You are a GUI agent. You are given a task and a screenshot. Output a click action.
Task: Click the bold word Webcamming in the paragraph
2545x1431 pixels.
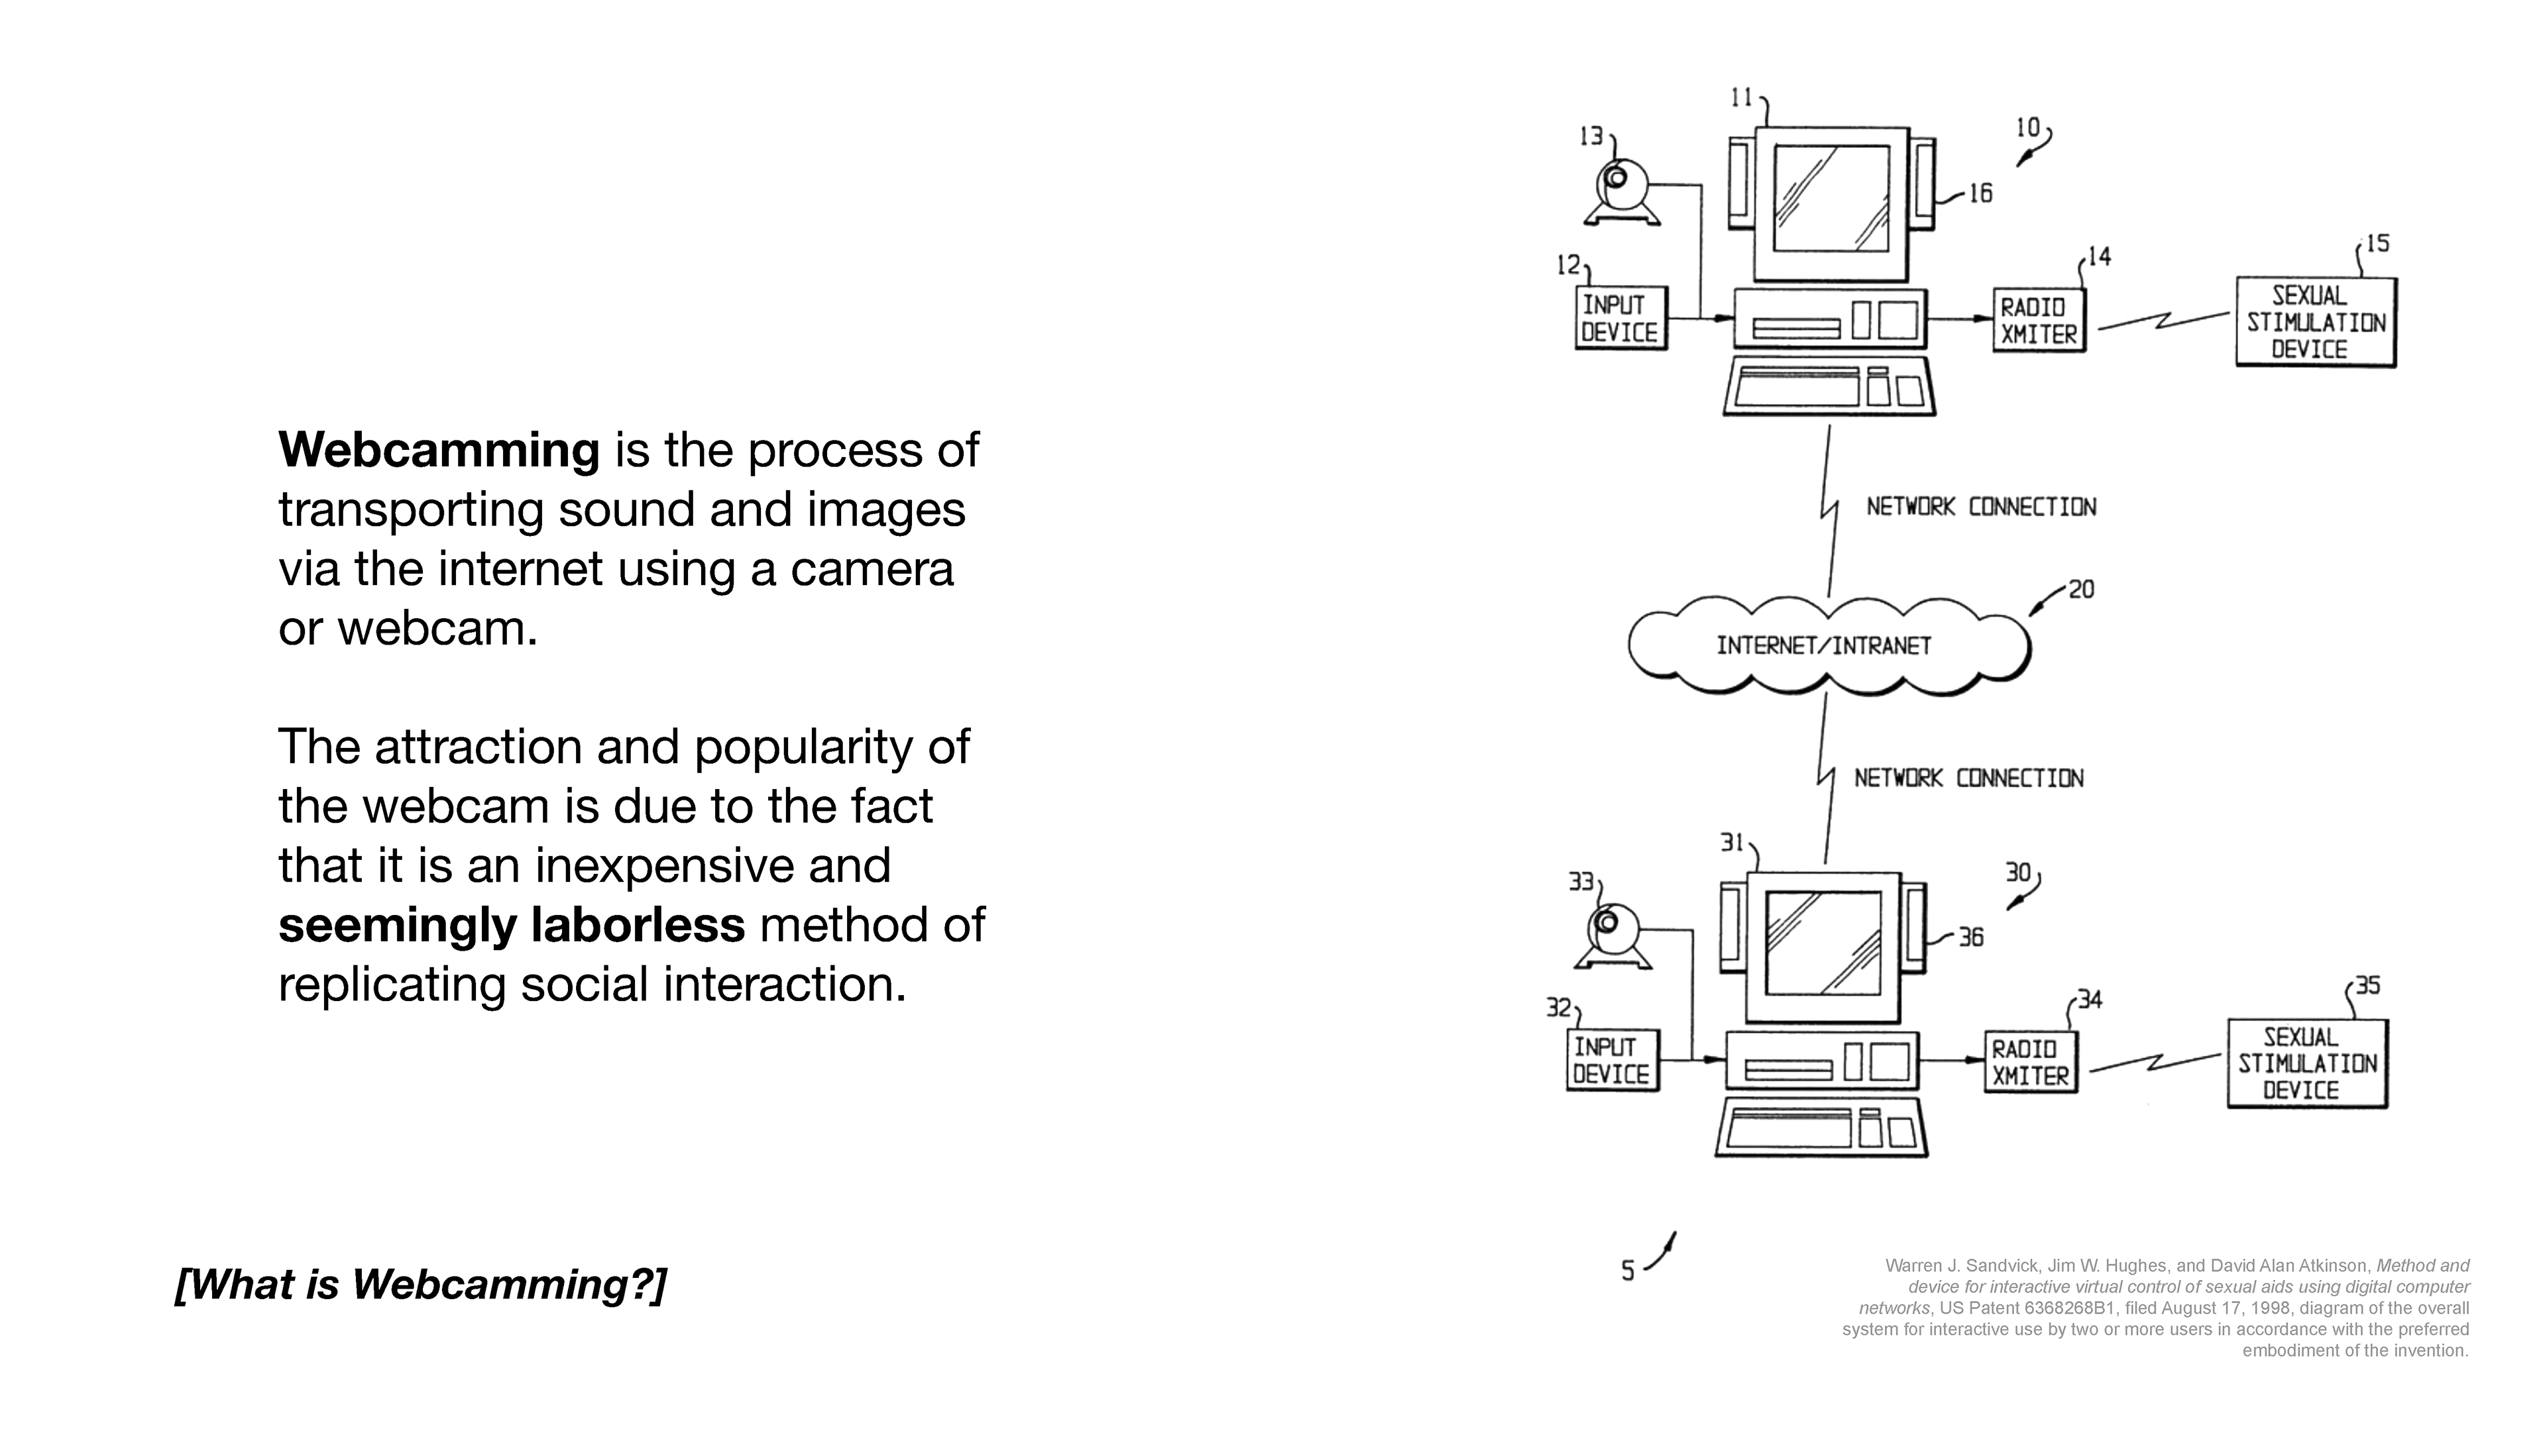(439, 450)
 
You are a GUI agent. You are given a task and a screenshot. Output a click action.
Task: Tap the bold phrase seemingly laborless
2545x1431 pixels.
(511, 926)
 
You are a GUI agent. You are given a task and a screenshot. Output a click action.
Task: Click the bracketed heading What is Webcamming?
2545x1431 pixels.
(421, 1284)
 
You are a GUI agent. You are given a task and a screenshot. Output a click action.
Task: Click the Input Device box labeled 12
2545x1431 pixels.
(1620, 318)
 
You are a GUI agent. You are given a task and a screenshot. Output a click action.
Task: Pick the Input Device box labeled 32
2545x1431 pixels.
(1611, 1061)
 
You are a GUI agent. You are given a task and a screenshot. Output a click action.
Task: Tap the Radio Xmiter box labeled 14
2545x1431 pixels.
(2038, 321)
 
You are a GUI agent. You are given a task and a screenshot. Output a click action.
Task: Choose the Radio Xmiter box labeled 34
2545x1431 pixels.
(2029, 1063)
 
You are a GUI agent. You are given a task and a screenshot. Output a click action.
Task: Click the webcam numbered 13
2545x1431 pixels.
(1620, 189)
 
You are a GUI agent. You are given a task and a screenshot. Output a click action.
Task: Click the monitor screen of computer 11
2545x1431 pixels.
(1831, 199)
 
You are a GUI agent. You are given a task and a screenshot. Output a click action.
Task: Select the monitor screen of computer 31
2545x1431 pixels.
(1822, 943)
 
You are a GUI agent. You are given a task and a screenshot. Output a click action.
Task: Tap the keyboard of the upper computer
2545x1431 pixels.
(1829, 387)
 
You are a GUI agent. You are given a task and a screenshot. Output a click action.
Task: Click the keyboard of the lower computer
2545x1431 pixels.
(1821, 1129)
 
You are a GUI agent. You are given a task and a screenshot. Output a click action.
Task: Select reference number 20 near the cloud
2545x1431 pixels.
(2080, 590)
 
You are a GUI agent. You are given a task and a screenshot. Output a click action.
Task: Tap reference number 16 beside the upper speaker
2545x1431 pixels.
(1980, 193)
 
